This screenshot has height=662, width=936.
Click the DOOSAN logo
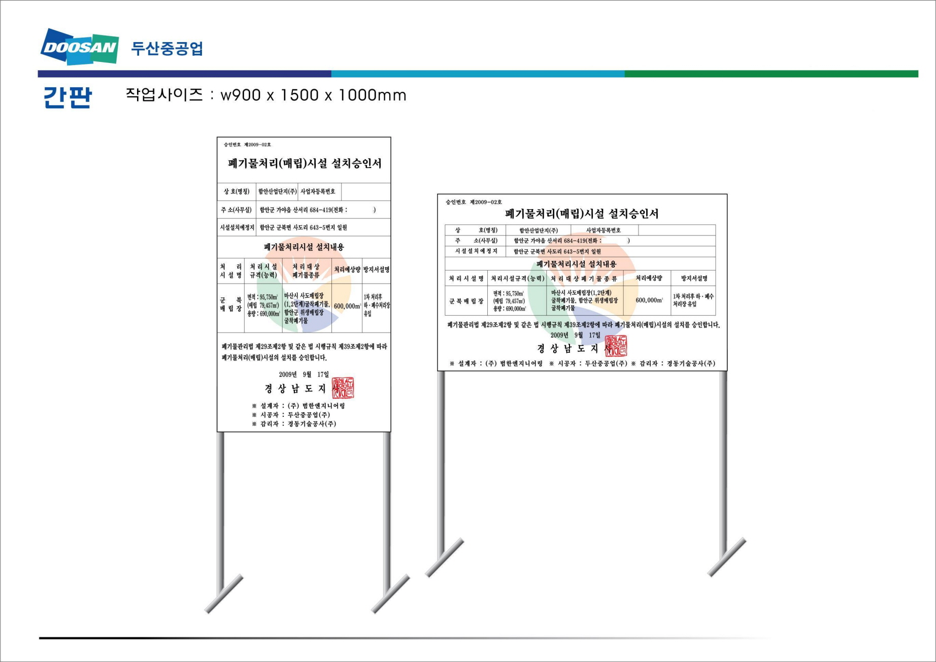coord(80,47)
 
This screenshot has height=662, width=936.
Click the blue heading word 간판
coord(68,97)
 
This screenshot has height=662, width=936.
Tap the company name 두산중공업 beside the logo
coord(167,48)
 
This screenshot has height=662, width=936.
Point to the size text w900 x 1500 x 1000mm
coord(313,95)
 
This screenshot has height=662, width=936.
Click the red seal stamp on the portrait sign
coord(343,388)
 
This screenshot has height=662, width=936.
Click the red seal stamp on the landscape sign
coord(616,346)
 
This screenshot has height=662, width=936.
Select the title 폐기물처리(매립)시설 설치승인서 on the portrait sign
coord(305,163)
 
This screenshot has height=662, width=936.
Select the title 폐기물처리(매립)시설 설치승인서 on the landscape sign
coord(582,214)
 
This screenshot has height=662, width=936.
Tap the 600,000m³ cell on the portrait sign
coord(347,306)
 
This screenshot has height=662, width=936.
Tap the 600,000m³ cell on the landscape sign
coord(649,300)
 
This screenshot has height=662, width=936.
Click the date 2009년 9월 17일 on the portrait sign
coord(304,375)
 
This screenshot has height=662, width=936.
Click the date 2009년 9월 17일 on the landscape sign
coord(575,335)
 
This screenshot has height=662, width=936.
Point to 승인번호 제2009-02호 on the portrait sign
coord(248,145)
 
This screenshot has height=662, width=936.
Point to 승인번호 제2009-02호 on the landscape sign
coord(474,202)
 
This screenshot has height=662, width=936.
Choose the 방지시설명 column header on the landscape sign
coord(694,278)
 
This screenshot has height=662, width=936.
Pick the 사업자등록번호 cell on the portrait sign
coord(318,191)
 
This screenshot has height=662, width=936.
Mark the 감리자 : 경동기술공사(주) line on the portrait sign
coord(294,424)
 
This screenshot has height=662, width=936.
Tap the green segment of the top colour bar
coord(771,74)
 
